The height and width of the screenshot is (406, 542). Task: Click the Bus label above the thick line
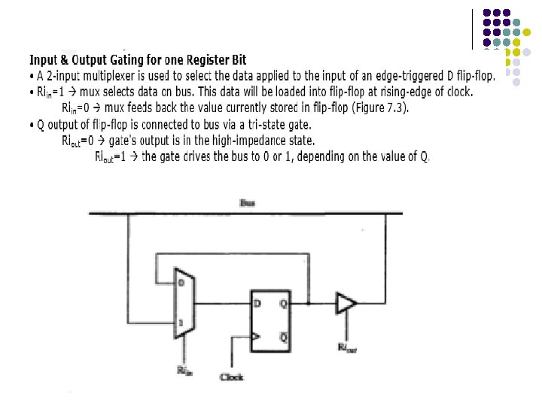tap(248, 203)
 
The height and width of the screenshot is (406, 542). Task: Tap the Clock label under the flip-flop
tap(232, 376)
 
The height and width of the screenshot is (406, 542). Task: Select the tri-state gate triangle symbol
tap(346, 304)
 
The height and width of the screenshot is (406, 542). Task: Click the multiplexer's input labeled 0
tap(181, 283)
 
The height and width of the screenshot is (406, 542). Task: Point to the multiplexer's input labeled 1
tap(181, 323)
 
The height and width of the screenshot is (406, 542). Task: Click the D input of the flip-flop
tap(258, 304)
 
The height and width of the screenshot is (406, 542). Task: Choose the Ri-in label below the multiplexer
tap(184, 369)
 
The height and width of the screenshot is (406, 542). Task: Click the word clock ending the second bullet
tap(458, 92)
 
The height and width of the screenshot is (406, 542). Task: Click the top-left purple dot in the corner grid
tap(488, 13)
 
